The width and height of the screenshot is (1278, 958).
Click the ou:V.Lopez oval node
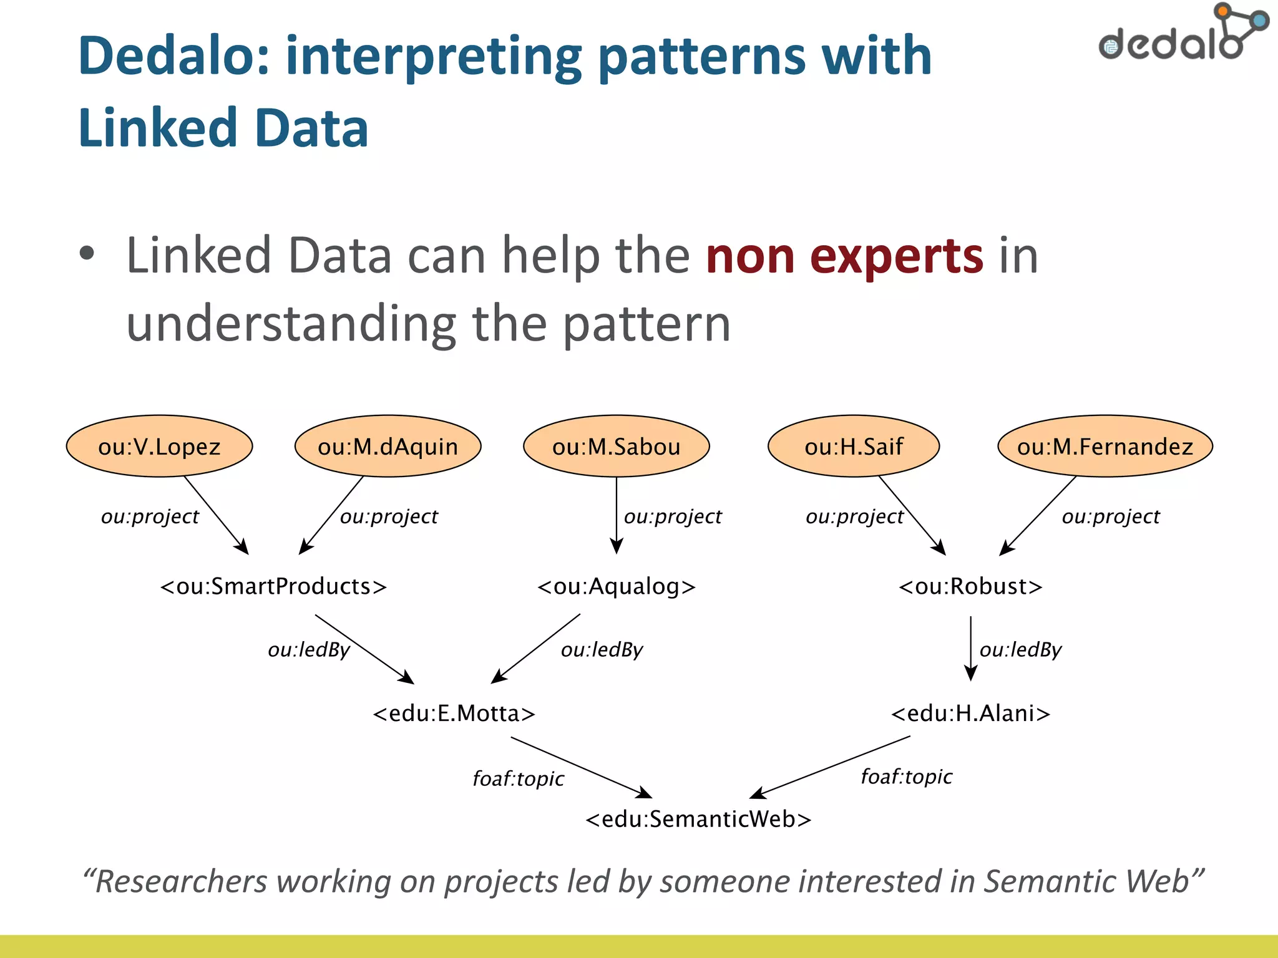click(x=159, y=447)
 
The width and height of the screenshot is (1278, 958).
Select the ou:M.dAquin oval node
click(x=388, y=447)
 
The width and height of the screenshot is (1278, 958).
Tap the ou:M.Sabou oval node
click(x=616, y=447)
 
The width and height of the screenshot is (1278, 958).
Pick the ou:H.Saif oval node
click(x=854, y=447)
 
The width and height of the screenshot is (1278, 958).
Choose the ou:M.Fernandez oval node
click(x=1105, y=447)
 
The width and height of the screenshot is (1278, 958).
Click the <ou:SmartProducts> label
click(x=273, y=586)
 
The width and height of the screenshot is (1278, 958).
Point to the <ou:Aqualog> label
click(x=616, y=586)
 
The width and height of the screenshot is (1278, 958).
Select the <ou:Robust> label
click(x=970, y=586)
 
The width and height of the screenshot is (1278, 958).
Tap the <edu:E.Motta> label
click(x=454, y=713)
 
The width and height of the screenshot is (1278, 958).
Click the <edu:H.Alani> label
click(x=970, y=713)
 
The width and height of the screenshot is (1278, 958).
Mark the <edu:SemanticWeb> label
click(x=698, y=819)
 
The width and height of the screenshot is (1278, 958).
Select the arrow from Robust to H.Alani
click(x=970, y=649)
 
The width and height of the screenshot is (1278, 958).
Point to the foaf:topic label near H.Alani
click(x=906, y=777)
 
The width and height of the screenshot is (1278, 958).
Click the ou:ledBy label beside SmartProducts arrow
click(x=309, y=650)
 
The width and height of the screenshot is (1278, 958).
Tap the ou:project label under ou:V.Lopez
click(x=150, y=516)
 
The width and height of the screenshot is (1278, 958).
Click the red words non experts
click(x=844, y=256)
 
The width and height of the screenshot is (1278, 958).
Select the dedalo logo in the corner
click(x=1182, y=34)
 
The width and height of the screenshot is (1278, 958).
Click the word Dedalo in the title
click(x=173, y=56)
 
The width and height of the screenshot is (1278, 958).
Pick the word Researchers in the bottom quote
click(x=181, y=882)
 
